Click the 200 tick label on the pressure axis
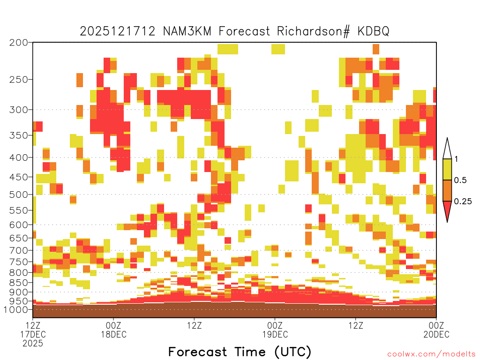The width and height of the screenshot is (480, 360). [19, 43]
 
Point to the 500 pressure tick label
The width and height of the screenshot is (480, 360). [19, 195]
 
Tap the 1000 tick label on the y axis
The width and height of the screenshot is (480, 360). [16, 310]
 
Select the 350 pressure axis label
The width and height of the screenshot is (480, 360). [19, 135]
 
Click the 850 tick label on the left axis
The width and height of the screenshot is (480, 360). [19, 283]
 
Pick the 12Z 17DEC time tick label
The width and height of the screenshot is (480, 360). [33, 330]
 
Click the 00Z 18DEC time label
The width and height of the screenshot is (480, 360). [113, 330]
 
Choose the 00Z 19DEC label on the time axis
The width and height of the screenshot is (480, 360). [275, 330]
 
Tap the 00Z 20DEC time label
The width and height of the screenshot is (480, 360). [436, 330]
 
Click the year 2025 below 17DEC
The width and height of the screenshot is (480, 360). [33, 344]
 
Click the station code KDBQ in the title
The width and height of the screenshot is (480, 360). [373, 31]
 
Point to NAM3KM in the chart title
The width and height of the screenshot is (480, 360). [187, 31]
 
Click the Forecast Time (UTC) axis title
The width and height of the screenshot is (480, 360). [240, 352]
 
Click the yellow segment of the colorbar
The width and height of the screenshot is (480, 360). [447, 169]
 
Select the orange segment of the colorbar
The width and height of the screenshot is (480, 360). [447, 190]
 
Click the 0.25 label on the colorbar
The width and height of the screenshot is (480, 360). [463, 202]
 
